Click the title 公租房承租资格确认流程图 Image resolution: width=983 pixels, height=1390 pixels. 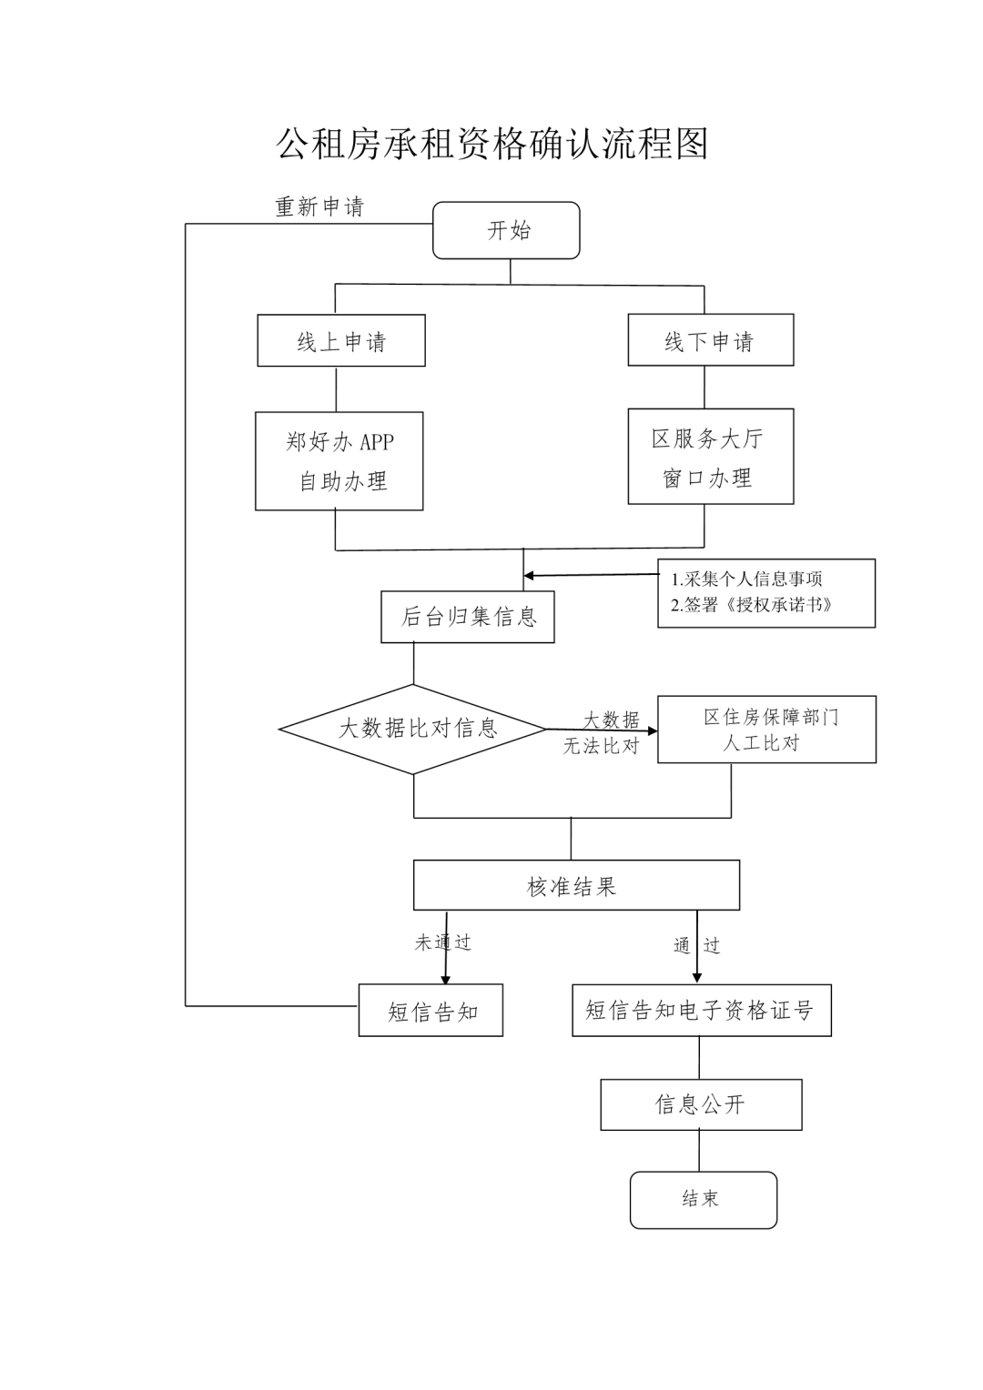[491, 144]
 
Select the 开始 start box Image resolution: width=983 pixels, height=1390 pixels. [506, 230]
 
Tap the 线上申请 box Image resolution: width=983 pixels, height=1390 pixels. [341, 341]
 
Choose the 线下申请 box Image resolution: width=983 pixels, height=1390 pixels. [710, 340]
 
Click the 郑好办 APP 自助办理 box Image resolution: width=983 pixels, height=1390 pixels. [339, 461]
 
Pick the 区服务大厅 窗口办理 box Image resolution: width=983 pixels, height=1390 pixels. [710, 457]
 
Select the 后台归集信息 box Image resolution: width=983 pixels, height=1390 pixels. [468, 617]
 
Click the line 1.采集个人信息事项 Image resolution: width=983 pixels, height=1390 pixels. [747, 579]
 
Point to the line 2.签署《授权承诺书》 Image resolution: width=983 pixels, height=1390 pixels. [752, 605]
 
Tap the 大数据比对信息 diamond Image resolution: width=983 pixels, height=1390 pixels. [414, 729]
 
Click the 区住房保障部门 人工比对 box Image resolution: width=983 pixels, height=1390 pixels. [766, 730]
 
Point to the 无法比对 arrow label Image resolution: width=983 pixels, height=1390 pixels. [601, 747]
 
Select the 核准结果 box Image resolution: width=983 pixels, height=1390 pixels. [575, 886]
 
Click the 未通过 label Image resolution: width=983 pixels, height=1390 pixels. [443, 943]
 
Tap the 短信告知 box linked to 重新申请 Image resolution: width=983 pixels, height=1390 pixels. [431, 1011]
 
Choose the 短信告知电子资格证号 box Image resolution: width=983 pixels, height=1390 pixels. [701, 1011]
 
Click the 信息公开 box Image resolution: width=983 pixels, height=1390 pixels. [701, 1104]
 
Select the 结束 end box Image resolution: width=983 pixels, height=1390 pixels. [703, 1199]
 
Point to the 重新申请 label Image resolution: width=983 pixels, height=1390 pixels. [319, 207]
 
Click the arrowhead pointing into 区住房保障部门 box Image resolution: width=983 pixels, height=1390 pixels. [652, 730]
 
